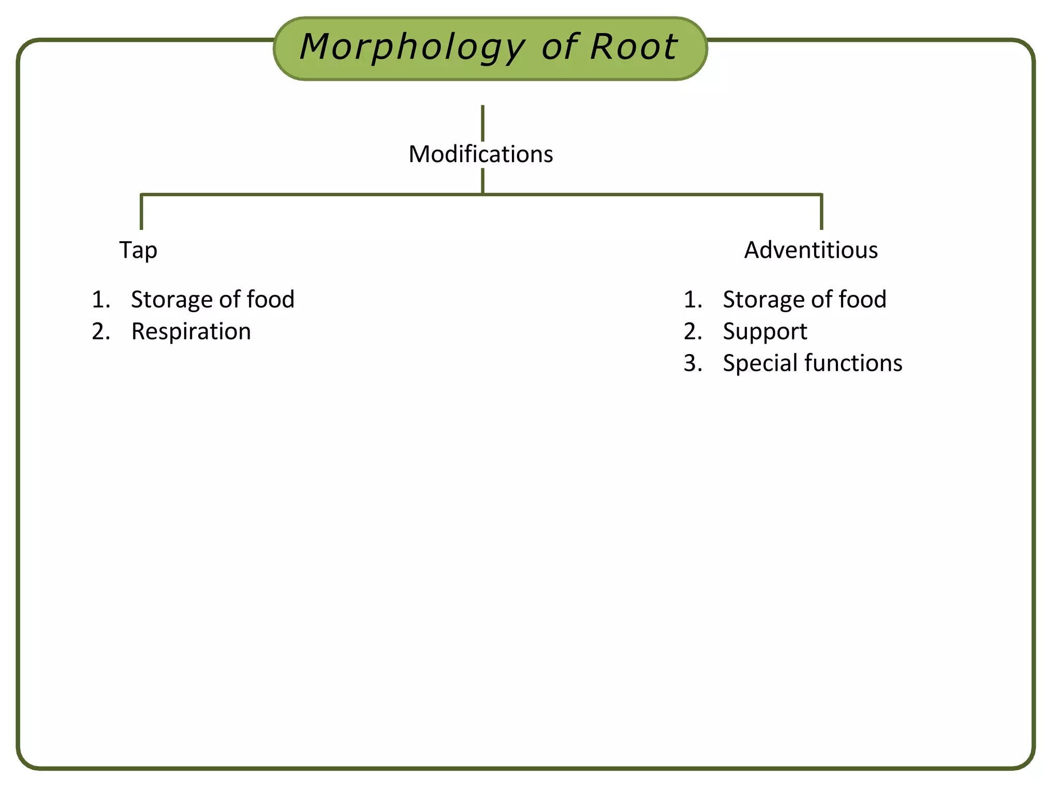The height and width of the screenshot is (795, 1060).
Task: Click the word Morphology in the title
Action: click(413, 48)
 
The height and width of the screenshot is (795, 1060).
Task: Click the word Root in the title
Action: click(633, 48)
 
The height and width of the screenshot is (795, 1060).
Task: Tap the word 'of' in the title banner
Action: click(560, 48)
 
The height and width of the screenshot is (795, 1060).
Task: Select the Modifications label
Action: click(481, 154)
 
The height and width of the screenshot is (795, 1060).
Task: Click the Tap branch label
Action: click(138, 250)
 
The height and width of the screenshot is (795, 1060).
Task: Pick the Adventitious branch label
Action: click(811, 250)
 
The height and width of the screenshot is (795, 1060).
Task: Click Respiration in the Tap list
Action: click(191, 331)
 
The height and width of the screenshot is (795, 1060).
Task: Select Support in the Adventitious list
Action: click(764, 331)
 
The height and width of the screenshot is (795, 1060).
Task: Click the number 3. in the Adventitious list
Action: click(693, 363)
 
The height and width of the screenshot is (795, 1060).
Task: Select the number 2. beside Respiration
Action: click(101, 331)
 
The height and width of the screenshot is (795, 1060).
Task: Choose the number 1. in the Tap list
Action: click(101, 300)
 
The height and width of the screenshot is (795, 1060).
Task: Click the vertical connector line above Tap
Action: click(141, 212)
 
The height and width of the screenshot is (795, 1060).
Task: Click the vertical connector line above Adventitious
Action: click(821, 212)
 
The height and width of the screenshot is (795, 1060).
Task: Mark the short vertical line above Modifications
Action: click(482, 123)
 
